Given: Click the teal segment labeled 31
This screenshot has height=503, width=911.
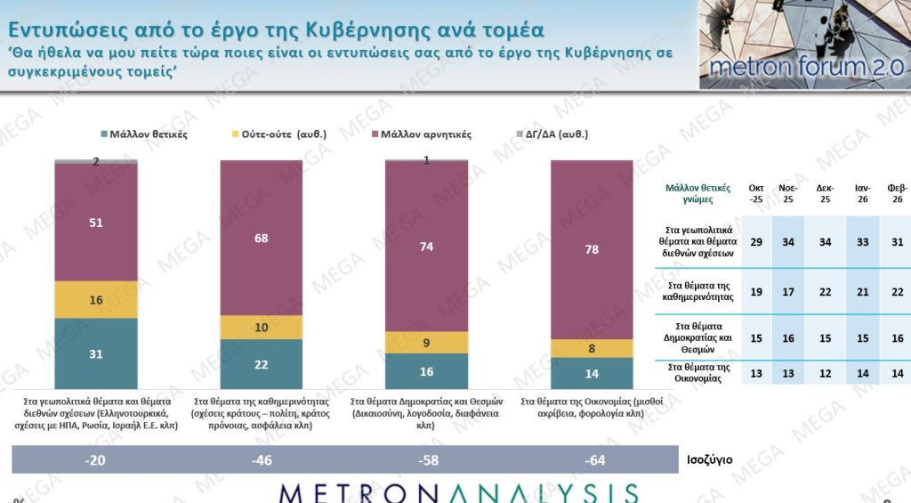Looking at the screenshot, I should (96, 353).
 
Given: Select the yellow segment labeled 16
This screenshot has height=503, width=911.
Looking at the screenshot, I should (96, 300).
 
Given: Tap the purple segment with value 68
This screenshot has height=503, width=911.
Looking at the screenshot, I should (262, 238).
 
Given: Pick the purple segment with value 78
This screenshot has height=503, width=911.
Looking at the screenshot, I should (592, 249).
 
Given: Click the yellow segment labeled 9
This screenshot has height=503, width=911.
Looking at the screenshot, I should (426, 342).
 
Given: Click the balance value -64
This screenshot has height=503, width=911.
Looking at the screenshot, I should (592, 460).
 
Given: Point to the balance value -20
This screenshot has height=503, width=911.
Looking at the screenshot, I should (96, 460).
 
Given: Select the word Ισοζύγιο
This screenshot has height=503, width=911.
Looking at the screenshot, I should (709, 460).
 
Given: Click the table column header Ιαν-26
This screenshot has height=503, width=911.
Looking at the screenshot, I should (861, 194).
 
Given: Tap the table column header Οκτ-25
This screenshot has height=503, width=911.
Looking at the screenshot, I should (756, 194).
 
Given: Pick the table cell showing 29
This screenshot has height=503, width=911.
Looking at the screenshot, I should (756, 241).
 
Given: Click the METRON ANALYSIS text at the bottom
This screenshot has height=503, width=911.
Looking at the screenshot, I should (458, 493).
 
